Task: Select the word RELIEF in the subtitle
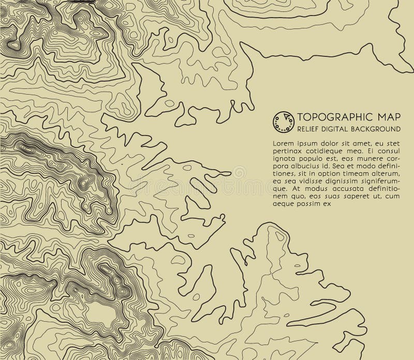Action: (308, 128)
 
